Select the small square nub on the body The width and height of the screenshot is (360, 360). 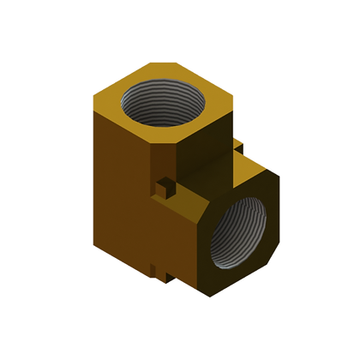click(161, 186)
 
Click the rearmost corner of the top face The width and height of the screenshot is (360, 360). click(145, 61)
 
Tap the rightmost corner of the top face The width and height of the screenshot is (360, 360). click(234, 101)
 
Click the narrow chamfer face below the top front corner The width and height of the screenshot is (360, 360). click(165, 163)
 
